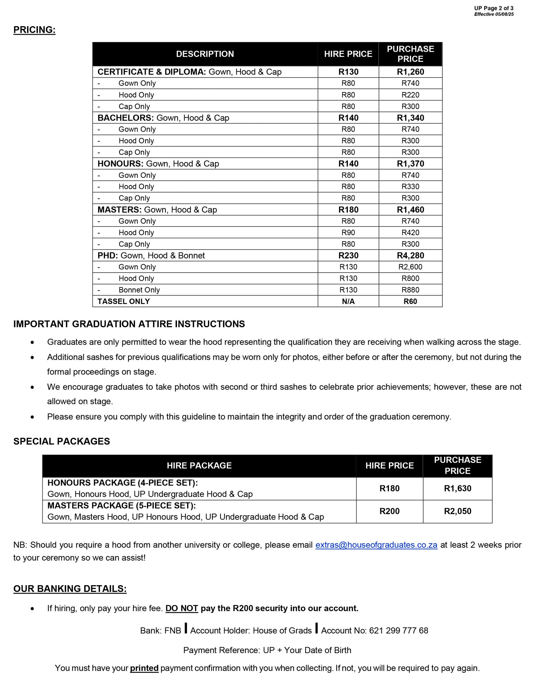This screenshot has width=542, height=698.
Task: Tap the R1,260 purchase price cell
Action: point(410,72)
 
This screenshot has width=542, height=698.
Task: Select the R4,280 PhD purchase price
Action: point(410,256)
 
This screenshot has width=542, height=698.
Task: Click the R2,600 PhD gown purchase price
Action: point(410,267)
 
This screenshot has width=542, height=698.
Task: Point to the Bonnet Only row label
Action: point(139,290)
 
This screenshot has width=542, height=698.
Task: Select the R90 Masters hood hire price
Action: point(348,233)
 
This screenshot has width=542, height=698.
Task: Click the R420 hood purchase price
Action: point(410,233)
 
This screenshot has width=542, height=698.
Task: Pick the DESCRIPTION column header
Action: point(205,54)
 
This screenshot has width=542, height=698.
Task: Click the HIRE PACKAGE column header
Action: point(199,465)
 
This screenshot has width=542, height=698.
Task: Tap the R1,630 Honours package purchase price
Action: point(458,488)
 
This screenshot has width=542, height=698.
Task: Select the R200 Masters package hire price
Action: point(390,511)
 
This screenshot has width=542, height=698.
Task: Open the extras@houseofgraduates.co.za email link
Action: point(376,545)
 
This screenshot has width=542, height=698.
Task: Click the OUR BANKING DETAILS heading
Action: point(70,589)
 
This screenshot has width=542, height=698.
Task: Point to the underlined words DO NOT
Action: point(182,608)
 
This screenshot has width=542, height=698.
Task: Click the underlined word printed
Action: point(144,668)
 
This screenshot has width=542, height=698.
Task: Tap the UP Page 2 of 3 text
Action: point(494,8)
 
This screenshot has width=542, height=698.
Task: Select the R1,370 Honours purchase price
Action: point(410,164)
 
